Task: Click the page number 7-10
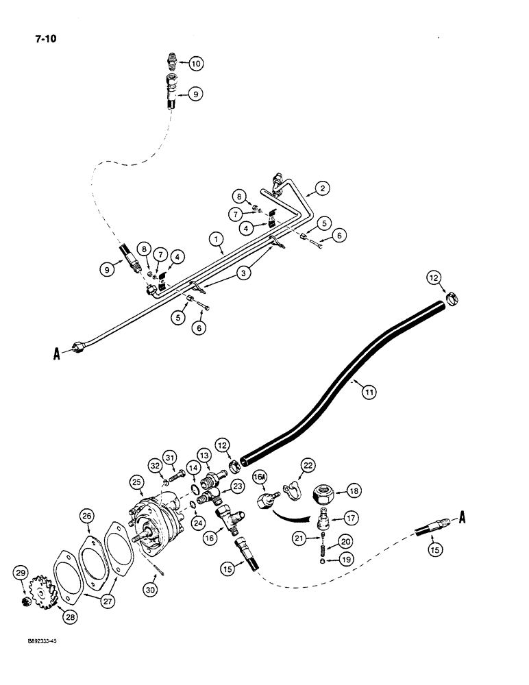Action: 43,39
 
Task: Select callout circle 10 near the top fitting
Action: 196,64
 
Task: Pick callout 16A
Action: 260,476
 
